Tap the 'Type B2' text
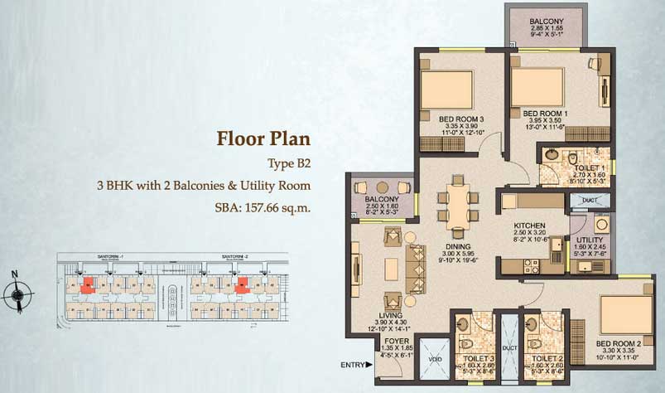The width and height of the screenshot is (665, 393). point(289,162)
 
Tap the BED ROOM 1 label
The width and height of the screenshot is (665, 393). point(546,113)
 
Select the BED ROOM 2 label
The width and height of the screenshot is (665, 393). point(619,343)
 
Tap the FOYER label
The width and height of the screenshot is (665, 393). point(393,340)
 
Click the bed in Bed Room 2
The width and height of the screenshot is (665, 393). point(622,312)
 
